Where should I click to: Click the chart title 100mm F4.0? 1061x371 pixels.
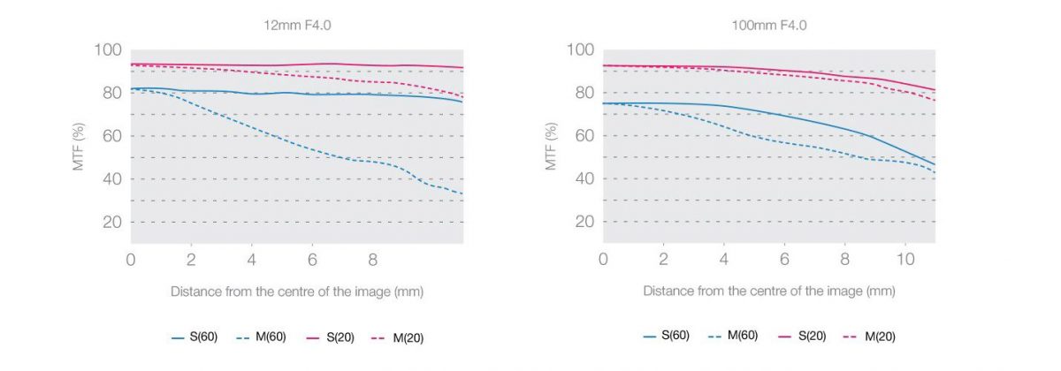pos(768,26)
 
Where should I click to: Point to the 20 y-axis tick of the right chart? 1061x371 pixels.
pos(584,222)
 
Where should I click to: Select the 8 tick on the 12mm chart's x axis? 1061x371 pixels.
pos(372,261)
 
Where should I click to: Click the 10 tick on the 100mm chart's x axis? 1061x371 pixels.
pos(905,261)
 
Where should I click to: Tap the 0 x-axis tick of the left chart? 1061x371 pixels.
pos(131,261)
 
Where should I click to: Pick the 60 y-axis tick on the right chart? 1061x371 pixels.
pos(584,136)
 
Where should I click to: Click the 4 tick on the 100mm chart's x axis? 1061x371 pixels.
pos(724,261)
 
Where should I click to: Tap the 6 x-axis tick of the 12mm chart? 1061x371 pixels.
pos(312,261)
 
